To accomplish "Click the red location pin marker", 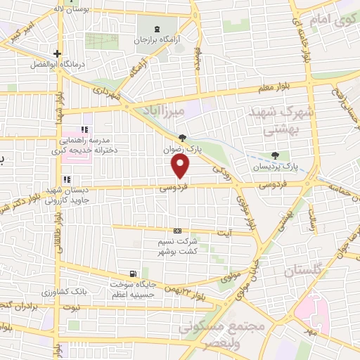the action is click(180, 166).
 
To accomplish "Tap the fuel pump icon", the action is click(132, 274).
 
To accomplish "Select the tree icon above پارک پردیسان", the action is click(274, 155).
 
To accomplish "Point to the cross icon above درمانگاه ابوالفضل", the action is click(57, 53).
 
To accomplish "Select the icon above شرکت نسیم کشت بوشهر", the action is click(177, 231).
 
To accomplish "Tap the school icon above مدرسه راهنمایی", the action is click(84, 130).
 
